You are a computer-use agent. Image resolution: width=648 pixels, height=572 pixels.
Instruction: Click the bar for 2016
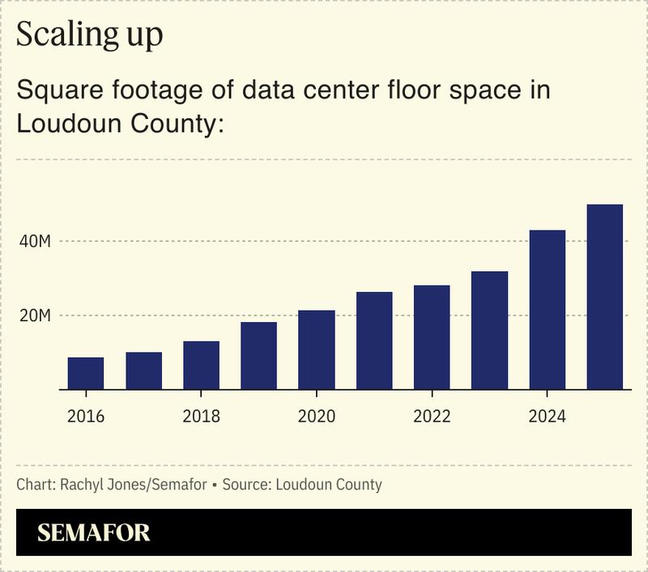click(86, 373)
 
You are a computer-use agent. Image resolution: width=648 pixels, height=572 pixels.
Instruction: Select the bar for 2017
click(143, 371)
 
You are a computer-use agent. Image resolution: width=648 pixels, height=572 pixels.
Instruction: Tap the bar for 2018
click(201, 365)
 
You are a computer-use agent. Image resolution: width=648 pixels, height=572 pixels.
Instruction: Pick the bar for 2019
click(259, 355)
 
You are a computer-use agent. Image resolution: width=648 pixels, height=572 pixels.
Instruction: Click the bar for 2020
click(317, 350)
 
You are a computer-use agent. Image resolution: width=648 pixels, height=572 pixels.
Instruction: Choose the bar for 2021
click(374, 340)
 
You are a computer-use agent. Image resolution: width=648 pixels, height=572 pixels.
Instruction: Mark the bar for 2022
click(432, 337)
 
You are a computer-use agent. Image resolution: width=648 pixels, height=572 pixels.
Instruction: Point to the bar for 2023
click(489, 330)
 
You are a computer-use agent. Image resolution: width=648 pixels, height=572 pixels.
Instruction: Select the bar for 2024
click(548, 309)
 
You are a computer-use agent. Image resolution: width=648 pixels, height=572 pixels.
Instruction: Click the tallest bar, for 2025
click(605, 297)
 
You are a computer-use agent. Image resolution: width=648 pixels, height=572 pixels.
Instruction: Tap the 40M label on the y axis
click(35, 241)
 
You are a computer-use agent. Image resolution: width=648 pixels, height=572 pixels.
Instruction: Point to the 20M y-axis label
click(35, 316)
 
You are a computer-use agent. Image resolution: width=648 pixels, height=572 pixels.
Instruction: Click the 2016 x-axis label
click(86, 417)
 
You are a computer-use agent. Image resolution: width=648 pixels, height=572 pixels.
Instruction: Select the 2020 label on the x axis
click(317, 417)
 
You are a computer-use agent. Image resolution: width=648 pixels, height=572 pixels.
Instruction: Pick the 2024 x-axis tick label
click(548, 417)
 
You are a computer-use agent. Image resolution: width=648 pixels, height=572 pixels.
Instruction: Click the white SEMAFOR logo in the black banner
click(94, 532)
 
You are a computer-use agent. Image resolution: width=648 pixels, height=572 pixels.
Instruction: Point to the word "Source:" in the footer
click(246, 485)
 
